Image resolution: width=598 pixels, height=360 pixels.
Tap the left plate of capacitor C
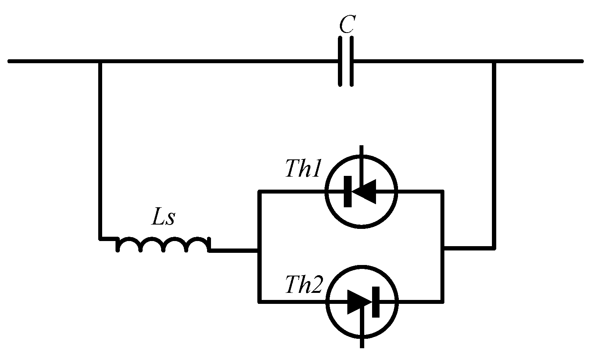point(340,61)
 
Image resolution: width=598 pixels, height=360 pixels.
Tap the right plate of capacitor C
point(352,61)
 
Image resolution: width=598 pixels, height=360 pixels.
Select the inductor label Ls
point(163,219)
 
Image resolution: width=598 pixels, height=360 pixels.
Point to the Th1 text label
point(303,169)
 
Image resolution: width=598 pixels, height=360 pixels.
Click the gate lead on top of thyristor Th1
point(361,157)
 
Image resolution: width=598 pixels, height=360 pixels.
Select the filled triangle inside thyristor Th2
point(359,302)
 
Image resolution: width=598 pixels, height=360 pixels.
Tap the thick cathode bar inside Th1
point(348,192)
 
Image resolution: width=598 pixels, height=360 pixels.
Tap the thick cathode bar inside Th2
point(376,302)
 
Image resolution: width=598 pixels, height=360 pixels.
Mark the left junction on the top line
point(100,61)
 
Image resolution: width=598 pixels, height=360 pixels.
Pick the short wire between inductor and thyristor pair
point(234,250)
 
